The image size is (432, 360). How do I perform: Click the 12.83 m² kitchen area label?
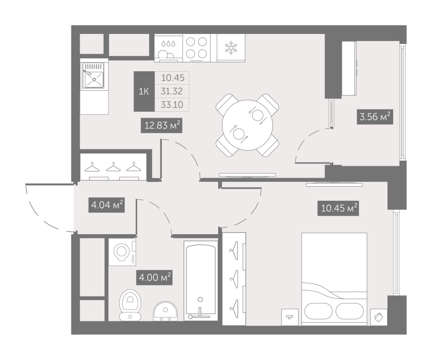(x=161, y=125)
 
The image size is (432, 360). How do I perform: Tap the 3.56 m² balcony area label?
(x=375, y=117)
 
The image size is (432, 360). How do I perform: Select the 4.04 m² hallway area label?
(x=106, y=205)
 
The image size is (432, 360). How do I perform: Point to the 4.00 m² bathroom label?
(x=154, y=277)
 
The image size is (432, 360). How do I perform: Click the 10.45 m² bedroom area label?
(x=339, y=208)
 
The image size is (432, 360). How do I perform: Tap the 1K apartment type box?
(x=144, y=91)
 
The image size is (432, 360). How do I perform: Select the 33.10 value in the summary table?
(x=172, y=105)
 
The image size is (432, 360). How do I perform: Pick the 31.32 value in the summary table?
(x=172, y=91)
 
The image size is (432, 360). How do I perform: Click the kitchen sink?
(x=93, y=75)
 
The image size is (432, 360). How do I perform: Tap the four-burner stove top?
(x=197, y=47)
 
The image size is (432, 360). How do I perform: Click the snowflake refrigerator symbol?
(x=231, y=47)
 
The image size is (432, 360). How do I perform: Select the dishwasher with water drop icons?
(x=168, y=48)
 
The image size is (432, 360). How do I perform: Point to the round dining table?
(x=247, y=125)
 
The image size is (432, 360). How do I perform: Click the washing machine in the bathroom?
(x=122, y=252)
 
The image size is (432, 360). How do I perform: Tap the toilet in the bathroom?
(x=130, y=305)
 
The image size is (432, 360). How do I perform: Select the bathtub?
(x=201, y=282)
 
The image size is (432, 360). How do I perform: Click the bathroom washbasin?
(x=166, y=311)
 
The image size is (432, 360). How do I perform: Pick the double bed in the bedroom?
(x=334, y=279)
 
